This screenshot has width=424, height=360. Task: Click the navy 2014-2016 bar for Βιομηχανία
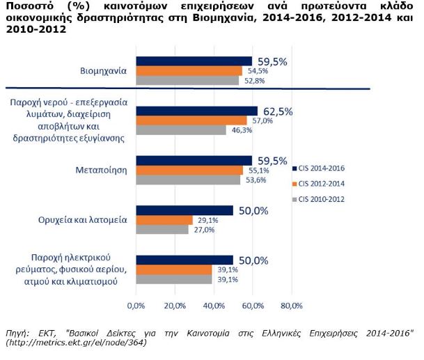(x=194, y=61)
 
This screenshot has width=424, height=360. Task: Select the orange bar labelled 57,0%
(x=191, y=120)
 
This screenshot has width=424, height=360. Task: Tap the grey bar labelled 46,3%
(x=181, y=130)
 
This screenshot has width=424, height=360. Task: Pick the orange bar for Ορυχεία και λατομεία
(x=164, y=220)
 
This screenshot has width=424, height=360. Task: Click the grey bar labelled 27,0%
(x=162, y=230)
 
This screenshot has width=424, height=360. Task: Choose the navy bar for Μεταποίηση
(x=194, y=161)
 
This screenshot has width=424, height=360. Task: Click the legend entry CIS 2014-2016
(x=322, y=168)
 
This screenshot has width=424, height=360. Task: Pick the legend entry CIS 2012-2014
(x=322, y=184)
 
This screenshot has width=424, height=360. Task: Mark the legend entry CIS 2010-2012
(x=322, y=200)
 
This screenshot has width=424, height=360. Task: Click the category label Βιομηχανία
(x=102, y=70)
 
